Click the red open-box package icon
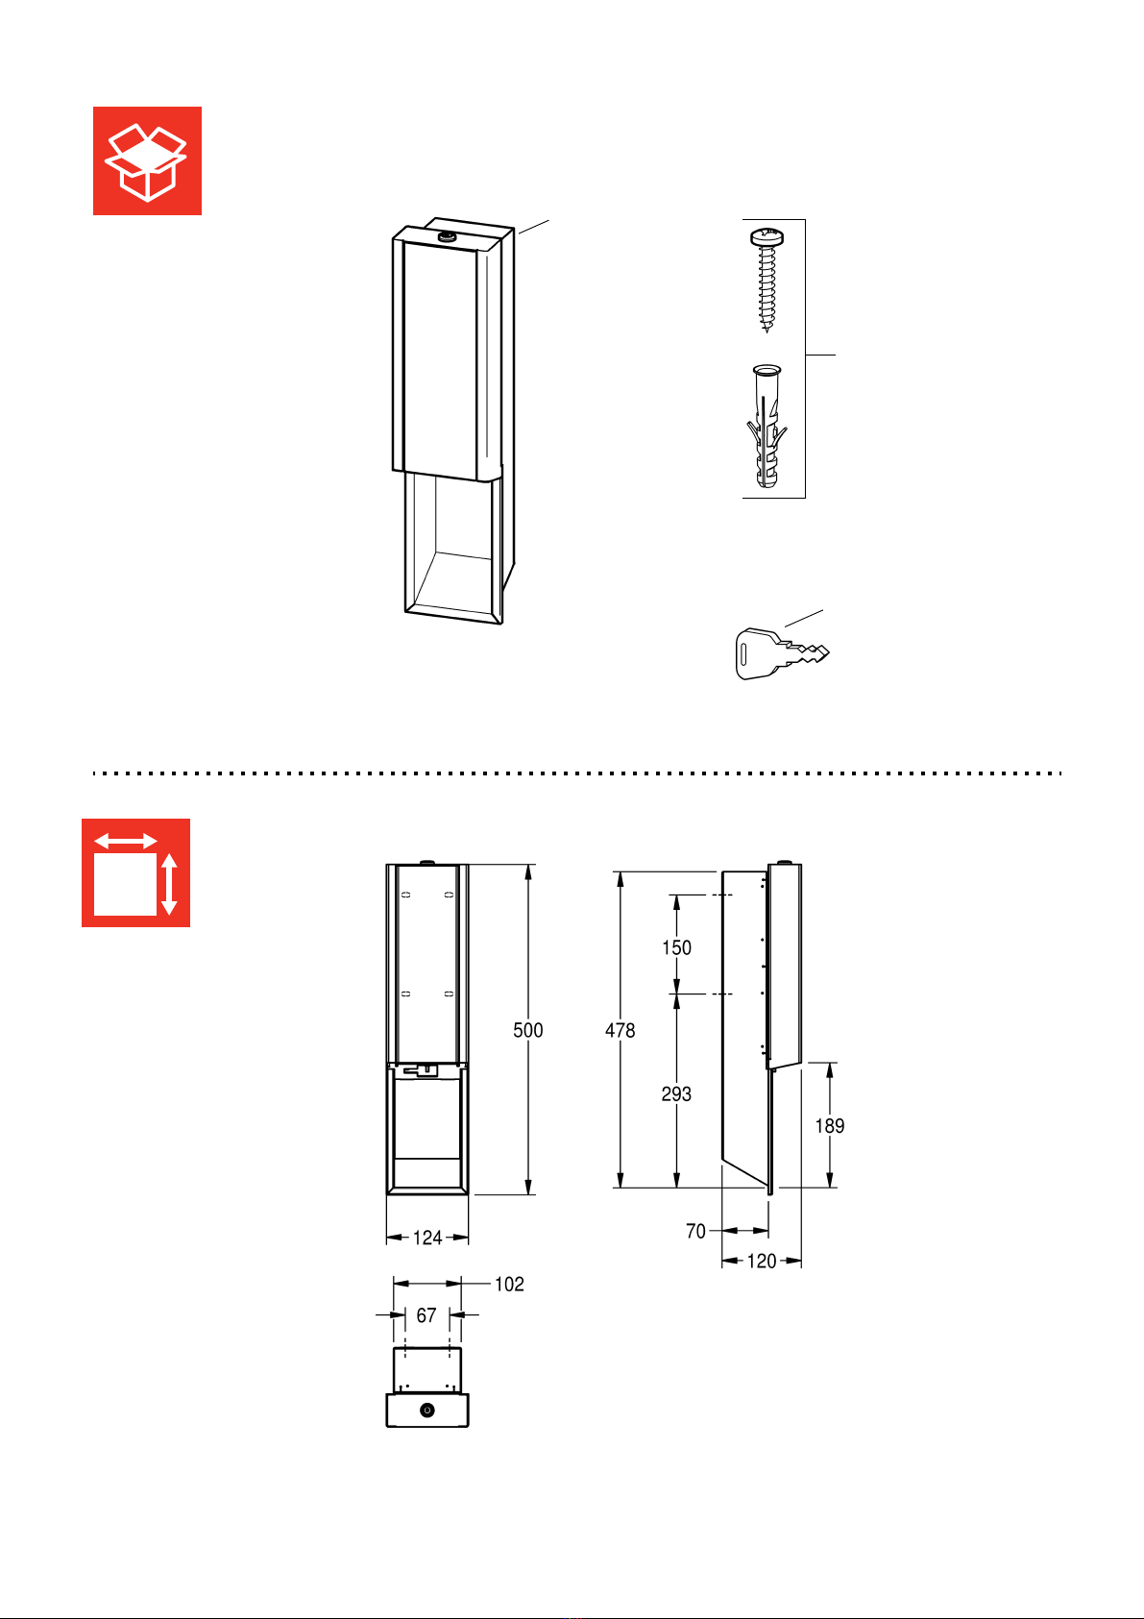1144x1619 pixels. (147, 160)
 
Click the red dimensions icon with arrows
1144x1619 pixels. (135, 872)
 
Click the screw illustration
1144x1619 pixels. (767, 279)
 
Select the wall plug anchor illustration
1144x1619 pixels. (767, 426)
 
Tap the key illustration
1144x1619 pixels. (782, 653)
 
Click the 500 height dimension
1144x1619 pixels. (527, 1030)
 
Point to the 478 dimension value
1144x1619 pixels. (621, 1030)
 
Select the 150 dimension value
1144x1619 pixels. (676, 947)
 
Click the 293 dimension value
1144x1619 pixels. (676, 1093)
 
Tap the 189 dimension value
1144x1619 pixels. (830, 1125)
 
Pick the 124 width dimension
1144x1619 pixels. (427, 1238)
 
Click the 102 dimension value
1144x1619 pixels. (509, 1284)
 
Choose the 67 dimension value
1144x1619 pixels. (426, 1314)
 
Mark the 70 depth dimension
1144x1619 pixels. (696, 1231)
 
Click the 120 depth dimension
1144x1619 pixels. (762, 1262)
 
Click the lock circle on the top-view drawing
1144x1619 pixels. (427, 1410)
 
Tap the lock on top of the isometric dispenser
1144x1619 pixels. (447, 234)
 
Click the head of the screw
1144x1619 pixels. (767, 236)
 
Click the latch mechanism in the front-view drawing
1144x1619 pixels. (421, 1069)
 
